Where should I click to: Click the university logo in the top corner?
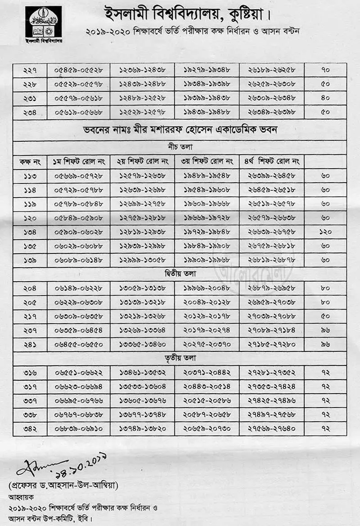(43, 22)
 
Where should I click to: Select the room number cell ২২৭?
(30, 70)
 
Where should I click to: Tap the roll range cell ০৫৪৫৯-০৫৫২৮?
(78, 70)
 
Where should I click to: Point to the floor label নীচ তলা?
(180, 147)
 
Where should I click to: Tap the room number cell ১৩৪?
(30, 232)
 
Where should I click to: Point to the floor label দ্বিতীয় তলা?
(180, 274)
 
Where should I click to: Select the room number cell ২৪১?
(30, 344)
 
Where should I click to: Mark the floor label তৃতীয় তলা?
(180, 358)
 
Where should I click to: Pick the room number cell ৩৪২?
(30, 428)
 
